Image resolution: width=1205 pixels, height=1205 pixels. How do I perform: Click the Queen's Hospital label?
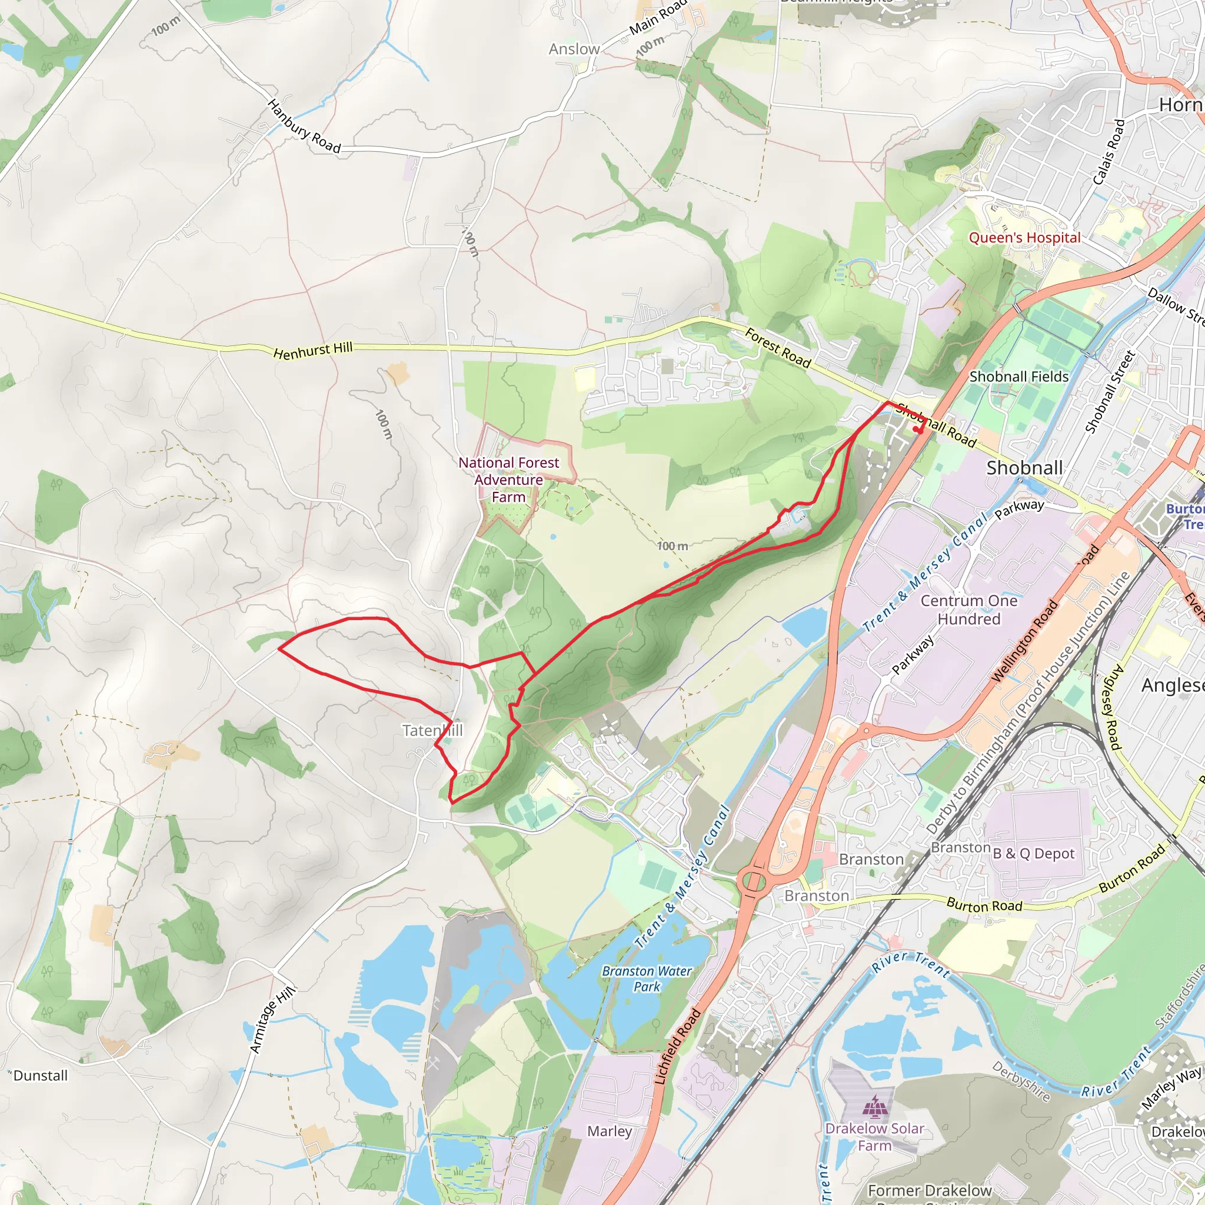point(1024,238)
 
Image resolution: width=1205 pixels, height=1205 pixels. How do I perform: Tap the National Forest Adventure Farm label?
point(508,480)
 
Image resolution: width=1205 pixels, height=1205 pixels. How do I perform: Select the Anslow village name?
point(574,49)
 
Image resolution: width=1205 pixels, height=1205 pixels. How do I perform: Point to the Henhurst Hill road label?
point(313,351)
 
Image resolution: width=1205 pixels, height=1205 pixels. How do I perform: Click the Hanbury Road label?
point(304,127)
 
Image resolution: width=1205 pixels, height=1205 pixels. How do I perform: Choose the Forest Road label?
point(778,349)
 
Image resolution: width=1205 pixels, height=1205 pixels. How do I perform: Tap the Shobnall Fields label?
point(1018,377)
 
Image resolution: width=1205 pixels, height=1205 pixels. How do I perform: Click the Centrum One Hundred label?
point(968,610)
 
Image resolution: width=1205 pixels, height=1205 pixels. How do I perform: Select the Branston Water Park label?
point(647,978)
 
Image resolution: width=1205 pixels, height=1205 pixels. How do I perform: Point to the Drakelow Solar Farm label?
point(874,1136)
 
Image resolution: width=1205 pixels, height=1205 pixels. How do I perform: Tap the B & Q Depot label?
point(1033,854)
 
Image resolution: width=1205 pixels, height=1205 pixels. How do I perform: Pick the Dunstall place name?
point(40,1076)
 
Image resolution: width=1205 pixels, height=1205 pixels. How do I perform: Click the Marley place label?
point(610,1131)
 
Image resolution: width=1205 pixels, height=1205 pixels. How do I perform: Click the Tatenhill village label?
point(432,730)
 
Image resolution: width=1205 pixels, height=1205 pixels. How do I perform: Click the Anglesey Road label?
point(1113,707)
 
